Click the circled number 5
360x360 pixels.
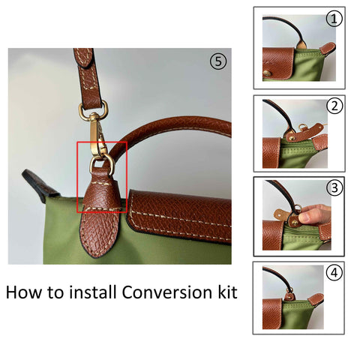(x=218, y=61)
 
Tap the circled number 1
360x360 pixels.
(x=334, y=19)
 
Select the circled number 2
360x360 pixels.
(x=334, y=106)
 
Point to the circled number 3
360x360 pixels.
(x=334, y=187)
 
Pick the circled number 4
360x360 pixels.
(x=334, y=273)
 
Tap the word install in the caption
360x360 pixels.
(x=93, y=292)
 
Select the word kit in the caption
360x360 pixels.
(x=227, y=292)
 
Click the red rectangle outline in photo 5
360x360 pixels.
(x=77, y=177)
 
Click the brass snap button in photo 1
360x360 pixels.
(x=267, y=73)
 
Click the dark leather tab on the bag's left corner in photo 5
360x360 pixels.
(x=40, y=185)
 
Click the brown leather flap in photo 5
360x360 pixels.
(x=179, y=216)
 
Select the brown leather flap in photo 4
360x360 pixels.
(x=272, y=313)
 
